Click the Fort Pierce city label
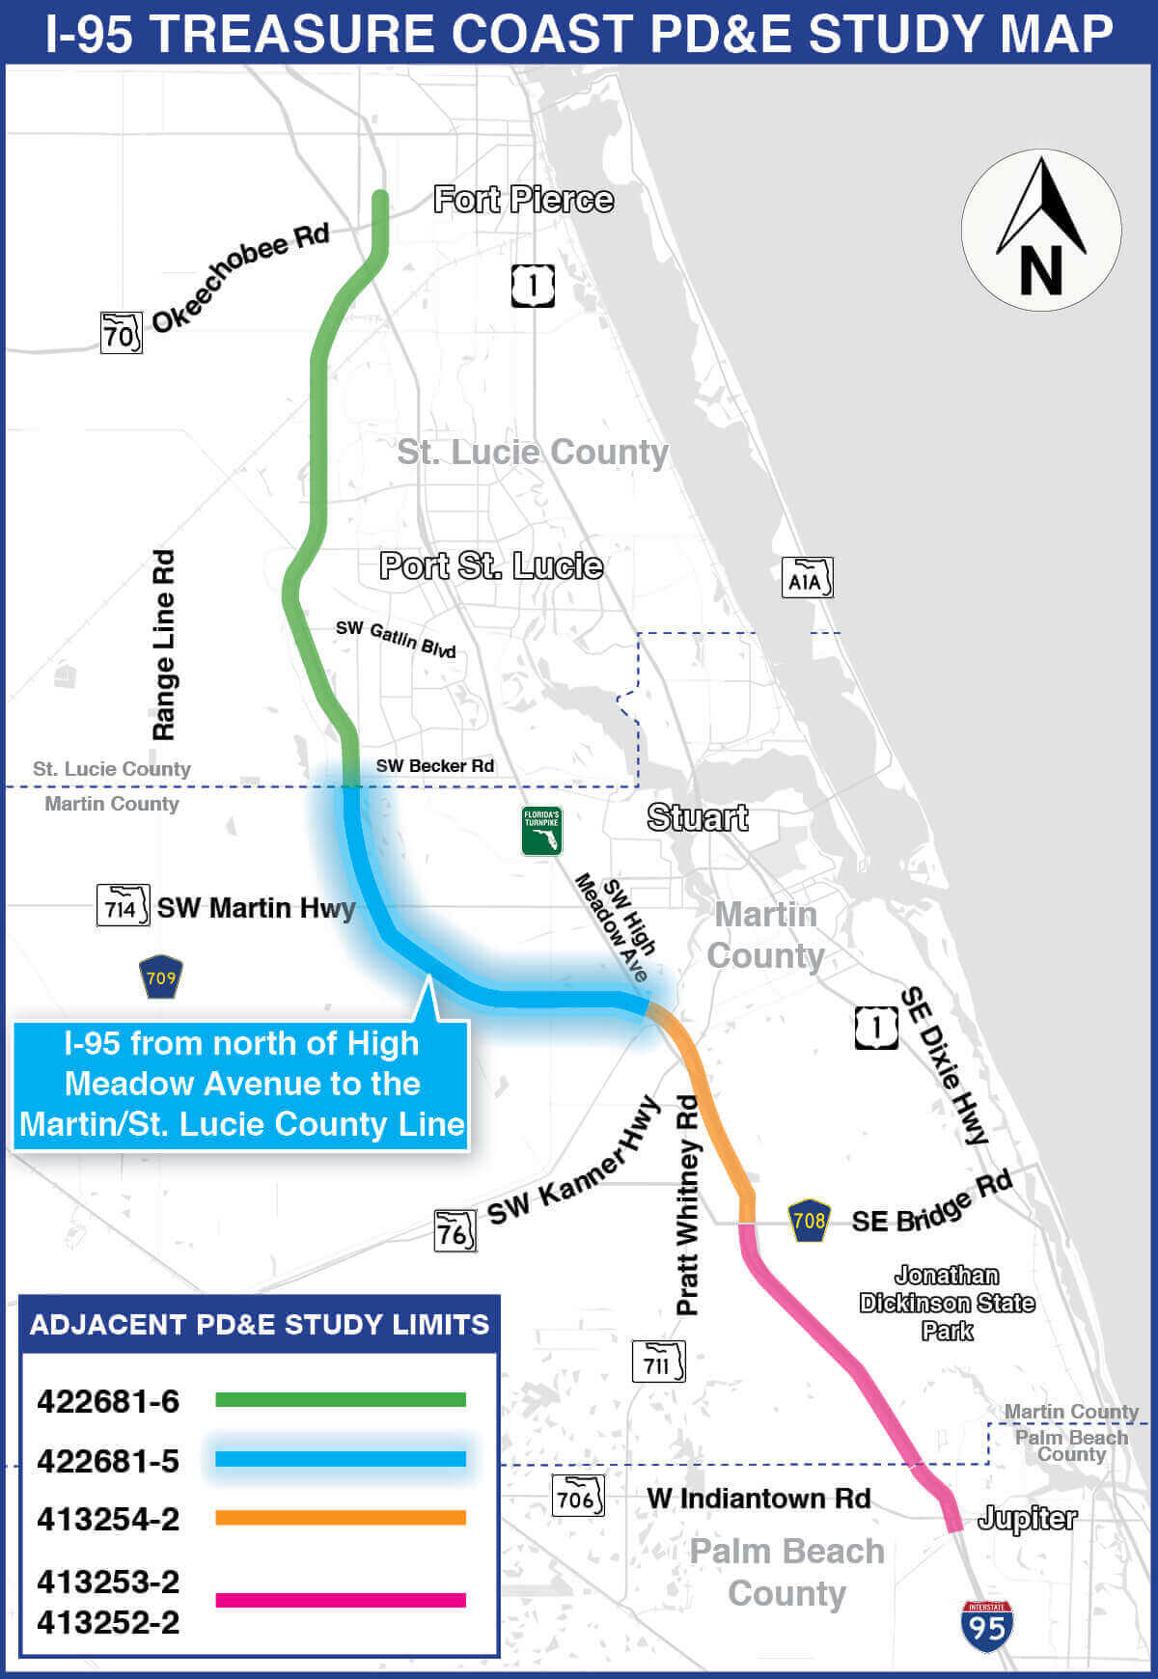(x=523, y=200)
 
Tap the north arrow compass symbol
(x=1041, y=230)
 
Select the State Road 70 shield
(x=121, y=333)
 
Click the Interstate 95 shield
(x=986, y=1626)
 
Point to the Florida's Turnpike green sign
(x=541, y=831)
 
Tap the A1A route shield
(x=806, y=578)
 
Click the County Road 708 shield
(x=809, y=1221)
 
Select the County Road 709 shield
(x=160, y=977)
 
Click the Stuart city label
(x=697, y=818)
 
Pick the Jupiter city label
(x=1027, y=1519)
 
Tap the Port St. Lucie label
(x=491, y=566)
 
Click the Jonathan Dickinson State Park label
(x=947, y=1303)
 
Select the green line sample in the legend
(x=340, y=1399)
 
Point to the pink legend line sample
(x=340, y=1600)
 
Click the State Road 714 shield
(x=123, y=905)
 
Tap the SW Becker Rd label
(x=434, y=766)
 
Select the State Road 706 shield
(x=577, y=1497)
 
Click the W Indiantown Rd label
(x=758, y=1499)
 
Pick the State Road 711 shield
(x=658, y=1362)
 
